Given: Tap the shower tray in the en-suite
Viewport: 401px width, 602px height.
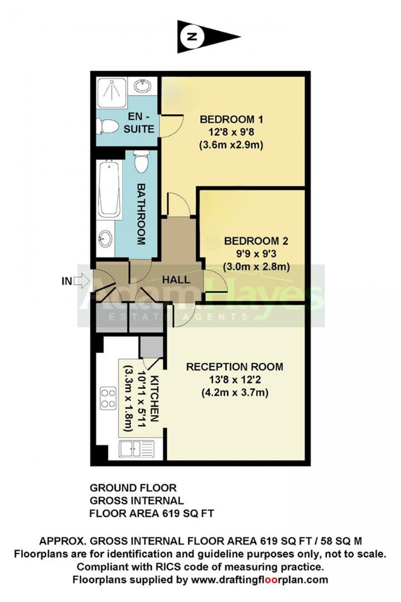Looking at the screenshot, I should (110, 92).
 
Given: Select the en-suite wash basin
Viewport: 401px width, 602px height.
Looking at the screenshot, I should (142, 87).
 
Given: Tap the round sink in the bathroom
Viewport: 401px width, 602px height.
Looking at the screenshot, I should (105, 239).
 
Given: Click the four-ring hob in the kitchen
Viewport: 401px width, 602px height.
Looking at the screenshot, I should (108, 398).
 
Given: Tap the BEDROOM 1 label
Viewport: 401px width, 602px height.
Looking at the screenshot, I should (231, 120).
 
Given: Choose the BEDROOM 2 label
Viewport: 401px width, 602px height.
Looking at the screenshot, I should (256, 241).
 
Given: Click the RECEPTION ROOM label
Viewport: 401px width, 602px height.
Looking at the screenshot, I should (234, 367).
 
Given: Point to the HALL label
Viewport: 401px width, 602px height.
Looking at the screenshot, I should (176, 280).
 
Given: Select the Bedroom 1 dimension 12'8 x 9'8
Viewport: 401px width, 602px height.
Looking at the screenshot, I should (231, 132).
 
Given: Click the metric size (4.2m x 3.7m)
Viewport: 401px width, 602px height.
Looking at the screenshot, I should (234, 393).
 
